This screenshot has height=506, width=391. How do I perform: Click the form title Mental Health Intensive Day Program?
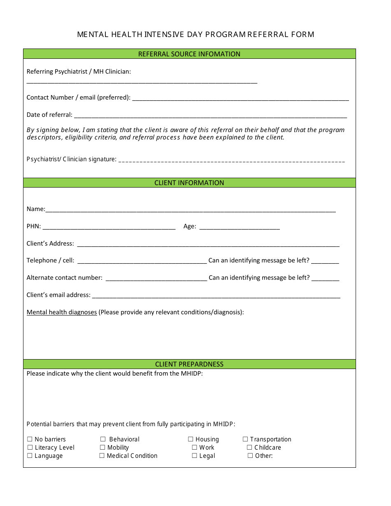tap(195, 35)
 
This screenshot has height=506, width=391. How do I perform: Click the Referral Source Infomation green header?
tap(189, 54)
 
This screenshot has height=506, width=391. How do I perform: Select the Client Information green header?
tap(189, 183)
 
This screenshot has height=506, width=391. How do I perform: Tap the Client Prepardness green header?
tap(189, 364)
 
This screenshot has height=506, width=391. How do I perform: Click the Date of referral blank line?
tap(210, 116)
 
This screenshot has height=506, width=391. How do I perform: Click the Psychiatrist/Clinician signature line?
tap(231, 161)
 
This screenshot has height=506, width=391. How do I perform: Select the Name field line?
tap(191, 211)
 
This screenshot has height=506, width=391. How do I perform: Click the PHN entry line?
tap(109, 228)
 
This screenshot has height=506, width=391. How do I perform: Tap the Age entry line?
tap(240, 228)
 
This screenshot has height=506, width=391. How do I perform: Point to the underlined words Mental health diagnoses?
tap(62, 312)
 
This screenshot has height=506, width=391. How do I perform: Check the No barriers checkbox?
tap(30, 439)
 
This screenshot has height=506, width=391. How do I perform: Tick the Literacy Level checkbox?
tap(30, 448)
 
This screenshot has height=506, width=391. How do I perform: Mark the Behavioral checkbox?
tap(103, 439)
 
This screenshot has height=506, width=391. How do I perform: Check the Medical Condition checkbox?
tap(102, 456)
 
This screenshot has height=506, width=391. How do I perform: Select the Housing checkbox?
tap(191, 439)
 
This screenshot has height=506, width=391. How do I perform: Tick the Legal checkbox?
tap(195, 456)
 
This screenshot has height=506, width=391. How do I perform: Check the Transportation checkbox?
tap(245, 439)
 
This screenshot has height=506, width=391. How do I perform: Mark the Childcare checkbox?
tap(249, 448)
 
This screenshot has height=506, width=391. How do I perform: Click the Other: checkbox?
tap(250, 456)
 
